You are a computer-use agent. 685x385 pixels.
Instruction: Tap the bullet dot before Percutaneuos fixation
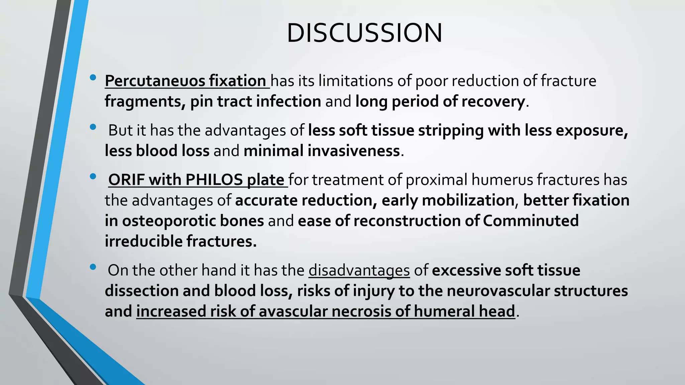(93, 78)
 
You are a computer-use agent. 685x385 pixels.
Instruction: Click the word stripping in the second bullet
(451, 130)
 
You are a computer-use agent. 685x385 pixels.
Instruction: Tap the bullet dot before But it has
(93, 127)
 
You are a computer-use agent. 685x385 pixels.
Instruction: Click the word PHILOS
(214, 180)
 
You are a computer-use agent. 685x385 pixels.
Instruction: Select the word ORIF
(126, 180)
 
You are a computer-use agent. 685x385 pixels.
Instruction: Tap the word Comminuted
(531, 221)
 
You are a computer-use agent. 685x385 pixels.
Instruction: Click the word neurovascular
(498, 291)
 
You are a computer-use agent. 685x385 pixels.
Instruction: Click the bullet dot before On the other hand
(93, 267)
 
